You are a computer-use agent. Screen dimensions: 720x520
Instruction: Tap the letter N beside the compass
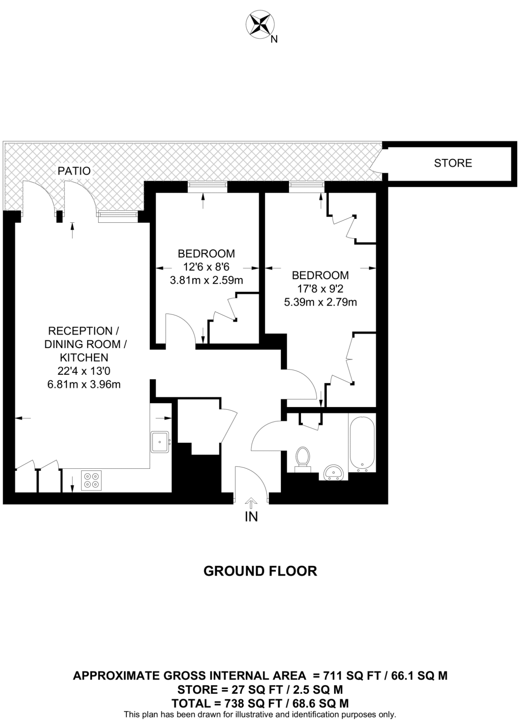point(274,40)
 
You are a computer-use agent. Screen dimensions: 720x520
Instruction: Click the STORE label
point(453,163)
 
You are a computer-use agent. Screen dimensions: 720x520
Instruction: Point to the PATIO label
point(74,171)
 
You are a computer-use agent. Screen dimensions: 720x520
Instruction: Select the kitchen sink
point(160,442)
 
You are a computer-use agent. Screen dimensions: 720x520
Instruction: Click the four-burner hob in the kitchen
point(92,480)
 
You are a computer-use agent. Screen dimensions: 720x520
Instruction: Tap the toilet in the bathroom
point(303,458)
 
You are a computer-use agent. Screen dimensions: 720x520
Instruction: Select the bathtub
point(362,443)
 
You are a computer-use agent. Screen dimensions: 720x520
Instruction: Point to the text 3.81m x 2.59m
point(206,280)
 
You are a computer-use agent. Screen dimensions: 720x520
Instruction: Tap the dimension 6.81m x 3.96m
point(84,384)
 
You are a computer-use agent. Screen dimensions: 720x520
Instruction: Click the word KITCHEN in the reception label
point(84,357)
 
